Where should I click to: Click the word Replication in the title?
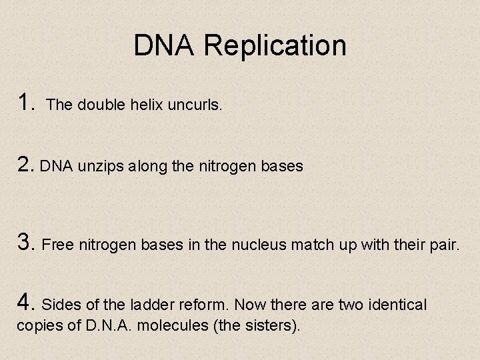tap(275, 46)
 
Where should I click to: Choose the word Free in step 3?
tap(58, 245)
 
